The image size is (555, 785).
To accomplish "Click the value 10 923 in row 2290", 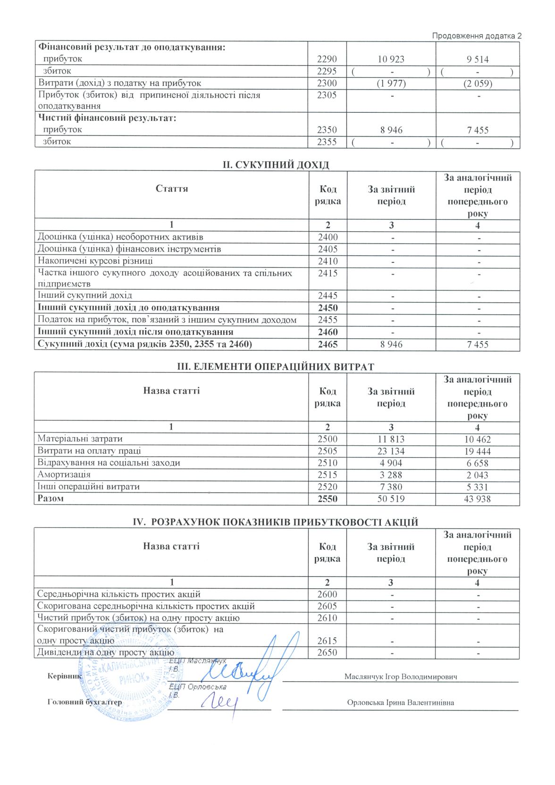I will point(391,59).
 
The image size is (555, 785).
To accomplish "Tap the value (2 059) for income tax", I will point(478,84).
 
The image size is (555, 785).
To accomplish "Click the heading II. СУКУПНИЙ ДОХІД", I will point(276,165).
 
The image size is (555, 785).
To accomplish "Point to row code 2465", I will point(328,344).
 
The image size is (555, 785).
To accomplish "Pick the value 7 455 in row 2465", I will point(478,344).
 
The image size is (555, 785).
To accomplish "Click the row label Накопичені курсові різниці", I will point(95,261).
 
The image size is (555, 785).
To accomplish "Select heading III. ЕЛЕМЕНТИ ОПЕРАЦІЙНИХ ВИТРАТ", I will point(275,367).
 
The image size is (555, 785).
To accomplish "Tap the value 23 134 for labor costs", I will point(391,451).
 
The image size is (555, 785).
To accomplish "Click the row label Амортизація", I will point(64,475).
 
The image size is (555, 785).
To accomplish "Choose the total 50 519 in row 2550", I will point(391,499).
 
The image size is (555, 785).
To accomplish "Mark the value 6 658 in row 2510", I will point(478,463).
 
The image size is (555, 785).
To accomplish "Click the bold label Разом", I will point(50,498).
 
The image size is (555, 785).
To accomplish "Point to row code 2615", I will point(327,641).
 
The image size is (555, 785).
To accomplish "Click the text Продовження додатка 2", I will point(477,36).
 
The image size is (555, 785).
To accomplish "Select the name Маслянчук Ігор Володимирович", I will point(401,676).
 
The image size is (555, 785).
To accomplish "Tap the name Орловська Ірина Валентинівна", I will point(400,702).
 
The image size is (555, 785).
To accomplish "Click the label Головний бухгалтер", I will point(84,702).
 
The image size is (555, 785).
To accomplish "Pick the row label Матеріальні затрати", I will point(80,439).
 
